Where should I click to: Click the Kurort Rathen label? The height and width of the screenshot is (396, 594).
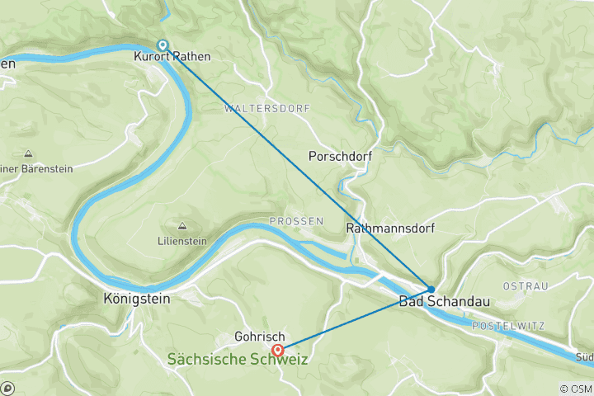point(172,58)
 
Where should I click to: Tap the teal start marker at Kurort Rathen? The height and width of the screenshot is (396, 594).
point(163,45)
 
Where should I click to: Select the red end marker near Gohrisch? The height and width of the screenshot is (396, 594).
point(279,350)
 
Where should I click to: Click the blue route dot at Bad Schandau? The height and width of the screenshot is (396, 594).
point(431,289)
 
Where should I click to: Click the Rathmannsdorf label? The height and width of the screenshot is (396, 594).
point(390,228)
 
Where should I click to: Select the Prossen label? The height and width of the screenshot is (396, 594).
point(290,222)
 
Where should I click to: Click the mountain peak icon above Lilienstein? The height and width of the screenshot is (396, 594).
point(181,225)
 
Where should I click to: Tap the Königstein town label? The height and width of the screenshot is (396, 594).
point(137,299)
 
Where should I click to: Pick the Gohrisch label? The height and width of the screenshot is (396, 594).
point(259,337)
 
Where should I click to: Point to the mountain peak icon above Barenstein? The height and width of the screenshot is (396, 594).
point(28,153)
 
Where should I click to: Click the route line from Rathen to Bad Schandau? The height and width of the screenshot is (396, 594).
point(297,167)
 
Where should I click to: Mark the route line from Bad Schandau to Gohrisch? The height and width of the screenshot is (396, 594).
point(355,319)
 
